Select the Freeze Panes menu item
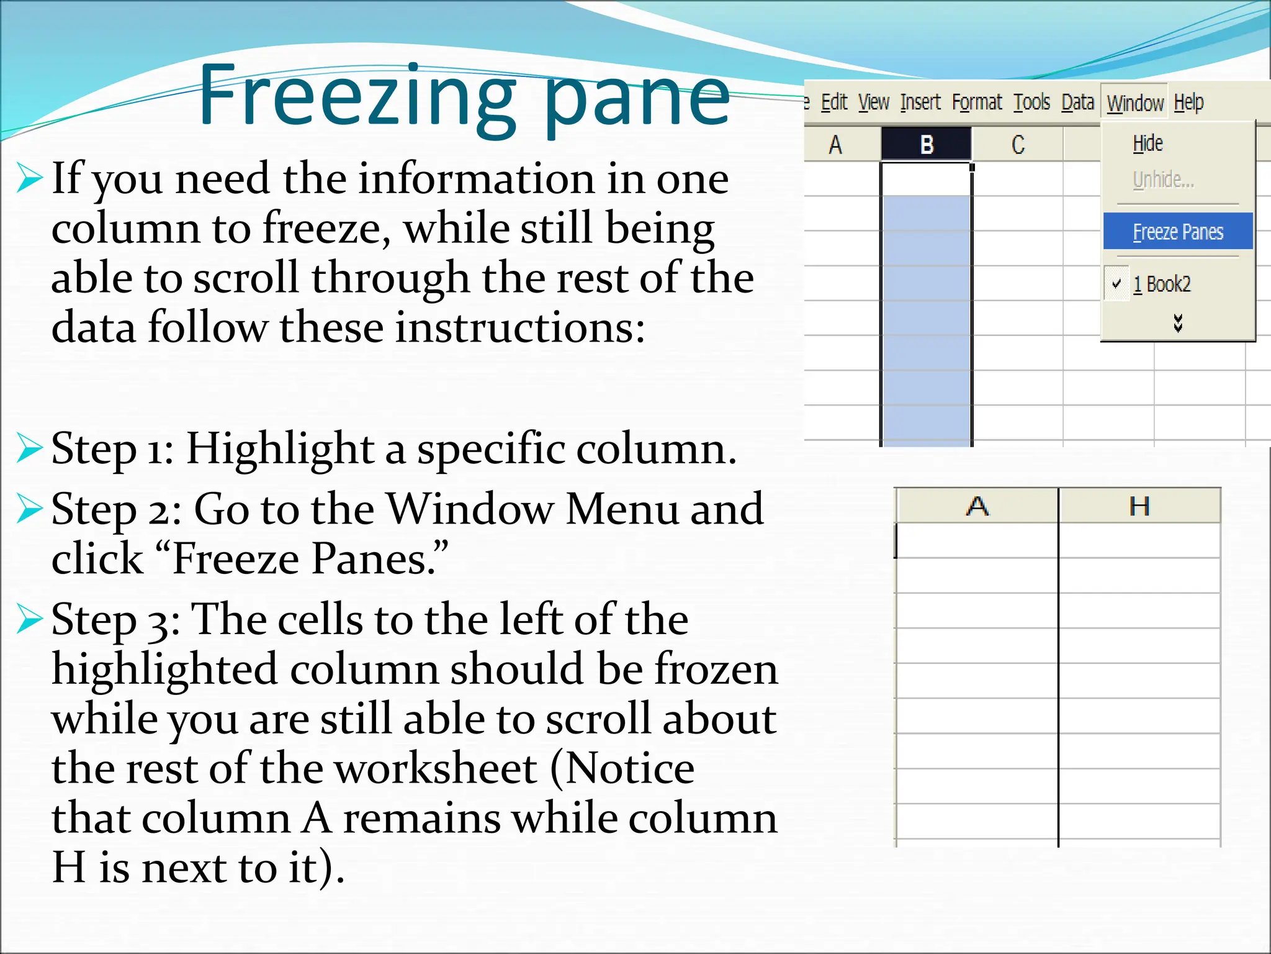(x=1177, y=232)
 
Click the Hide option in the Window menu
(x=1147, y=143)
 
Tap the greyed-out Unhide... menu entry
(x=1162, y=179)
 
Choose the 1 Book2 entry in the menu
(x=1162, y=284)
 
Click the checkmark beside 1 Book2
(x=1116, y=284)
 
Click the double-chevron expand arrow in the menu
(x=1178, y=322)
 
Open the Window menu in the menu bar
(x=1134, y=102)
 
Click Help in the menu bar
(x=1188, y=102)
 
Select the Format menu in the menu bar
(x=977, y=102)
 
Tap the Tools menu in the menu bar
(x=1031, y=102)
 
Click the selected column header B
(x=927, y=145)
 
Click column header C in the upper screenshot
(x=1018, y=145)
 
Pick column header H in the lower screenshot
(x=1139, y=506)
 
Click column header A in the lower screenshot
(x=977, y=506)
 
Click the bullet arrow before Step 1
(x=29, y=448)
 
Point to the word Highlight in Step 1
(x=280, y=448)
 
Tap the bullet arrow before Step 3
(x=29, y=619)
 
